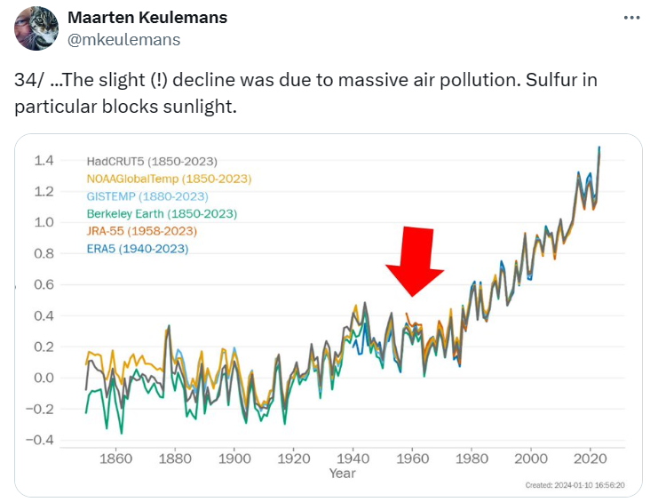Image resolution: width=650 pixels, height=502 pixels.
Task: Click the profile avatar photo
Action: tap(36, 28)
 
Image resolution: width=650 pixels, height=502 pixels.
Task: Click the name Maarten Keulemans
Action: tap(147, 18)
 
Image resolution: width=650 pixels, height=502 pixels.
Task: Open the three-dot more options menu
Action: tap(630, 19)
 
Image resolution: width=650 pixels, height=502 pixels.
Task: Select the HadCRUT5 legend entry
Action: tap(152, 162)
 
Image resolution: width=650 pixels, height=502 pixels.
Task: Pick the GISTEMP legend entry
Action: tap(147, 196)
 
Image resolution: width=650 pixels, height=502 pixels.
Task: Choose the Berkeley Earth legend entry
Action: tap(162, 213)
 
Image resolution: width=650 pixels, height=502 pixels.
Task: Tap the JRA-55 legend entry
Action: tap(142, 231)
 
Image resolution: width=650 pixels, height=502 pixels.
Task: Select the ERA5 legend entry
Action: tap(138, 249)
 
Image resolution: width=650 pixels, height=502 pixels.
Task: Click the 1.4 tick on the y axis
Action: tap(44, 161)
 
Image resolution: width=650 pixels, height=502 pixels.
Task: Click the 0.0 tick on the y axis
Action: tap(44, 378)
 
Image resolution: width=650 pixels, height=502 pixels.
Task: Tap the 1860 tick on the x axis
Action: tap(116, 459)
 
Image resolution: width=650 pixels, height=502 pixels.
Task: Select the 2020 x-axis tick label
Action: tap(590, 459)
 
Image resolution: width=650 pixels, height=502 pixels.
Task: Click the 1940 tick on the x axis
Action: tap(353, 459)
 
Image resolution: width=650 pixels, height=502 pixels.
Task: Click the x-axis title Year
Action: tap(342, 474)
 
